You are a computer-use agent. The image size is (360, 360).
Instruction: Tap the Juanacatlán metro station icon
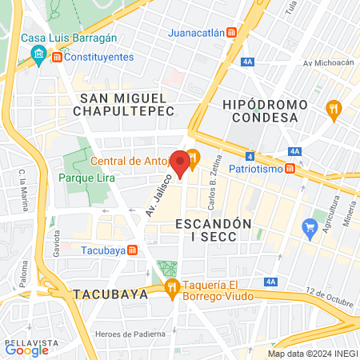click(x=231, y=33)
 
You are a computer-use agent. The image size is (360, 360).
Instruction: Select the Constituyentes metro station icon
click(x=57, y=58)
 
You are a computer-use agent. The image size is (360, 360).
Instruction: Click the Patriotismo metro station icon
click(x=290, y=170)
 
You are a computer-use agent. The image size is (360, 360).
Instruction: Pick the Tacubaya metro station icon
click(x=132, y=249)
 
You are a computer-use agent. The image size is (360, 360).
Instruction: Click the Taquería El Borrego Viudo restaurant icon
click(x=170, y=288)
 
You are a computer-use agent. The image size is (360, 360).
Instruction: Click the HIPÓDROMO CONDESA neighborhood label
click(x=260, y=111)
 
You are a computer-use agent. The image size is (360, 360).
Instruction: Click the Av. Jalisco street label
click(x=155, y=196)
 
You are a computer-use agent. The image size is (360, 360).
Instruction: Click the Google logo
click(x=26, y=350)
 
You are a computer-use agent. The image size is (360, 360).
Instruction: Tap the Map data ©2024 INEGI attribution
click(x=312, y=354)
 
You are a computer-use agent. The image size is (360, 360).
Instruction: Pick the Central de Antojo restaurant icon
click(x=192, y=157)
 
